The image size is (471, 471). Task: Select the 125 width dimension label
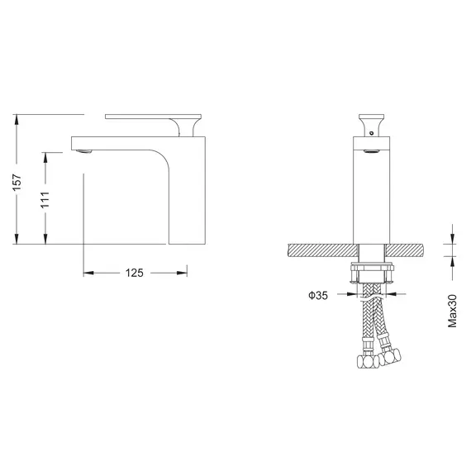coord(136,272)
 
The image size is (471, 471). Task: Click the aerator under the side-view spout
coord(82,150)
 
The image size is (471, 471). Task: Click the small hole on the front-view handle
coord(371,130)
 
